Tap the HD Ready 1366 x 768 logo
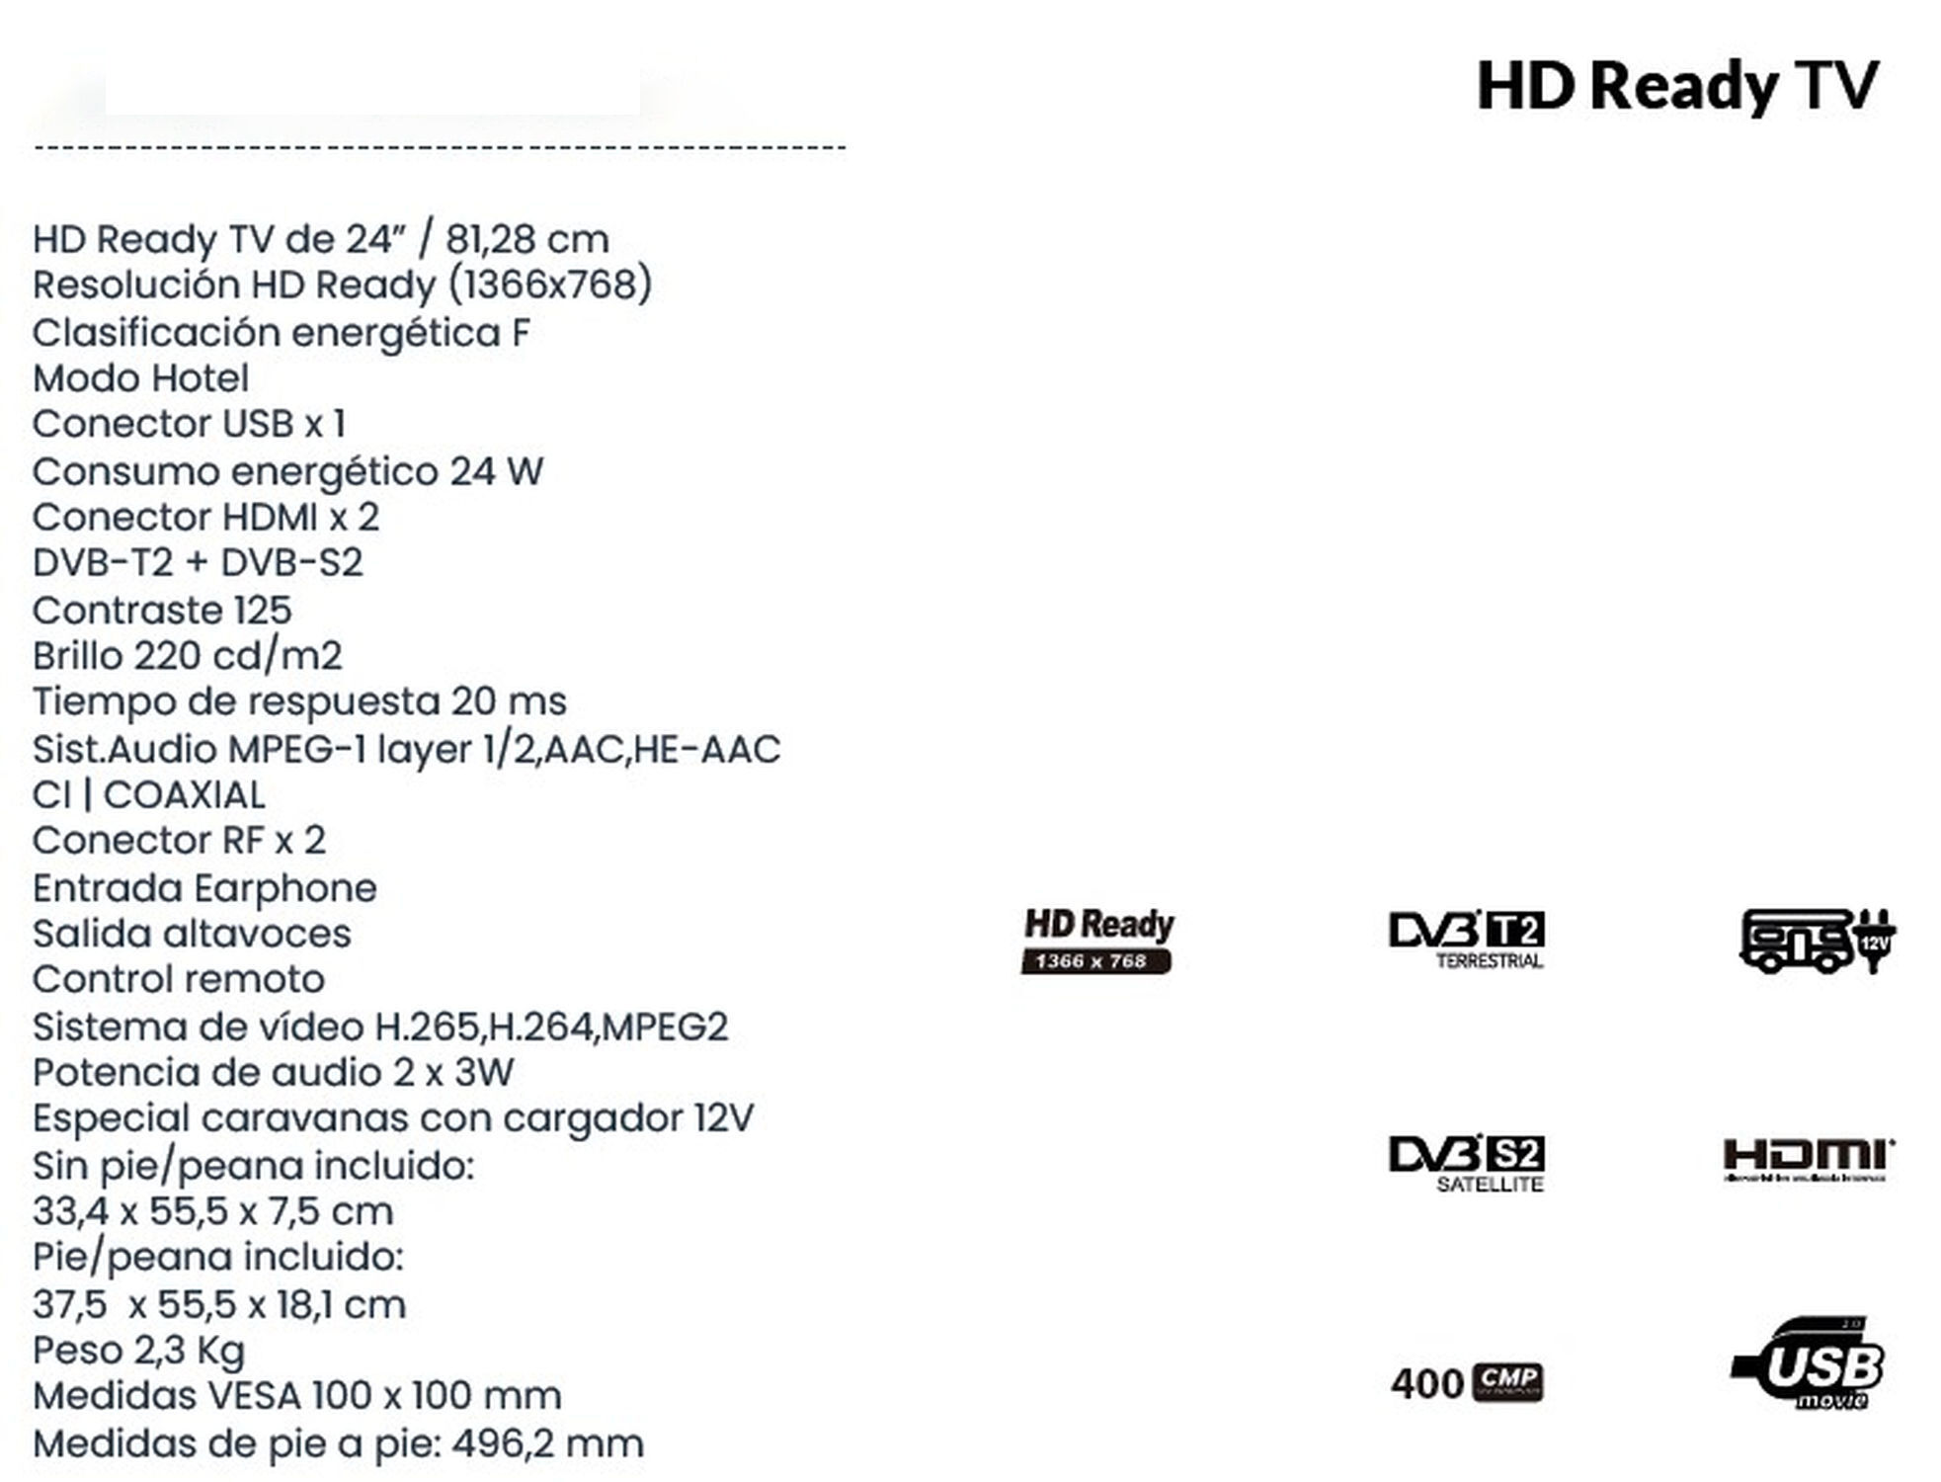1097,940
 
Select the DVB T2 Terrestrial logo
1466,939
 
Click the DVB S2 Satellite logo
1466,1162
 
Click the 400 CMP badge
1466,1382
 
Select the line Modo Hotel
140,378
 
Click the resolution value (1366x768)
550,286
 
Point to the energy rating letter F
521,333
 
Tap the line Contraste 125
162,611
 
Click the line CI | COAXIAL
149,795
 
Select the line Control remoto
179,979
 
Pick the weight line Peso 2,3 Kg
139,1350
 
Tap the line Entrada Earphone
204,888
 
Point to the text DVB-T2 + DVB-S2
198,563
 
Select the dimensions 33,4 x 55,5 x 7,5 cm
212,1211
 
